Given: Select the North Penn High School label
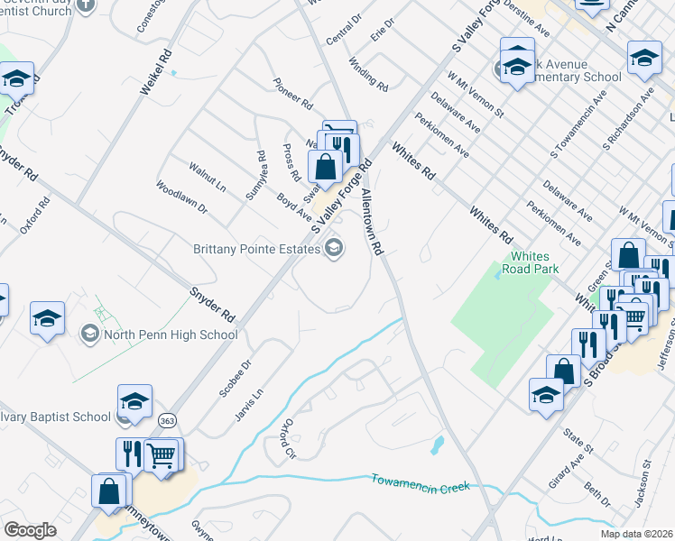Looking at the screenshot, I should (171, 335).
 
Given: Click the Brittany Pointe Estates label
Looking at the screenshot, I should (256, 249).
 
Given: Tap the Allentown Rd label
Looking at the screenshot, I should (373, 222).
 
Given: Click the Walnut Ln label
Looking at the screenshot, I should (207, 178).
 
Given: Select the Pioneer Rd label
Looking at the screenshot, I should (293, 92).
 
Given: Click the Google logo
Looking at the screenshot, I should (30, 530).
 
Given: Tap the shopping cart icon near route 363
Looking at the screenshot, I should (161, 456).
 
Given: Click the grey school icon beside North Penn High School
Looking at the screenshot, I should (88, 335).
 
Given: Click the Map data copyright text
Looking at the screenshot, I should (635, 534).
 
